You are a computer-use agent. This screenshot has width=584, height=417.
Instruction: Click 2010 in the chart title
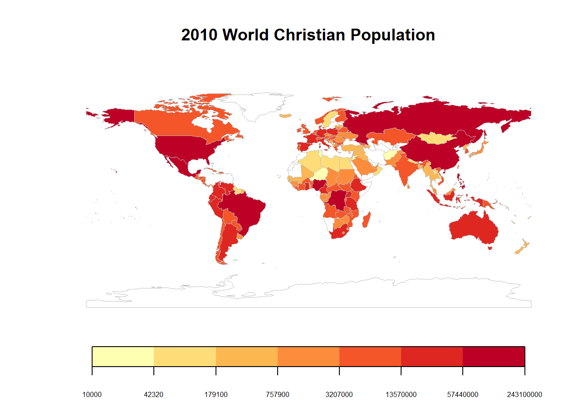(x=199, y=35)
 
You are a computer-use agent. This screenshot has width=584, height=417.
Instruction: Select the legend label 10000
(x=92, y=394)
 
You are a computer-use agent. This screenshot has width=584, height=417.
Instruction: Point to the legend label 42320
(x=154, y=394)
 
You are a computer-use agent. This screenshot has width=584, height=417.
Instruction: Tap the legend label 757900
(x=278, y=394)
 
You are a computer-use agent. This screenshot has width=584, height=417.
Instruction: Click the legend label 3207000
(x=339, y=394)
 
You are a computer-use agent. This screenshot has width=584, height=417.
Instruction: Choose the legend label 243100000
(x=524, y=394)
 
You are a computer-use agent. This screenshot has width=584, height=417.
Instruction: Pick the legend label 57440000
(x=463, y=394)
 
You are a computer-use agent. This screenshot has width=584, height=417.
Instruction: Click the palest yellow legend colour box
(x=123, y=357)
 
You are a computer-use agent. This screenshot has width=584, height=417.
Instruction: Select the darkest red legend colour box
(x=494, y=357)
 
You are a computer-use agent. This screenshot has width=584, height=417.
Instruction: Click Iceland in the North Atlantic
(x=285, y=116)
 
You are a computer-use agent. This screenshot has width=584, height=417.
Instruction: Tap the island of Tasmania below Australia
(x=490, y=248)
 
